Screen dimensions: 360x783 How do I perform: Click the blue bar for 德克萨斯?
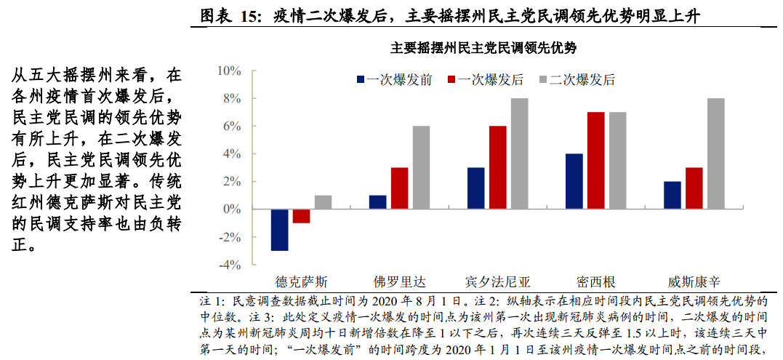tap(280, 230)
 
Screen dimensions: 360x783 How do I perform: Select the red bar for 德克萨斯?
tap(302, 216)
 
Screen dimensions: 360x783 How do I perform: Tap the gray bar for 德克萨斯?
tap(323, 202)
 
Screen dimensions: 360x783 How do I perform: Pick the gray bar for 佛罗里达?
tap(421, 167)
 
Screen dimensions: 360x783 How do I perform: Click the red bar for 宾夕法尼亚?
tap(498, 167)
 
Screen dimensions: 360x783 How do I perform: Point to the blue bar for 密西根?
tap(574, 181)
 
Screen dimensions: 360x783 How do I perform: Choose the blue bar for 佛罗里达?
tap(378, 202)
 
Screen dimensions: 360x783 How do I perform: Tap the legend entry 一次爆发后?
tap(484, 80)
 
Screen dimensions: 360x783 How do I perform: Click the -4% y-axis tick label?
tap(228, 265)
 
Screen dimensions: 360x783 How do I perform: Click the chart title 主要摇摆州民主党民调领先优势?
tap(483, 49)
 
